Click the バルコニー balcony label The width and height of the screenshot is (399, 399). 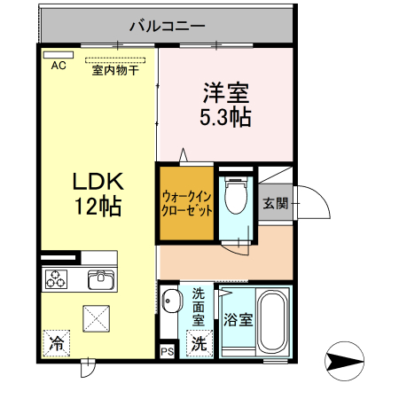[x=166, y=26]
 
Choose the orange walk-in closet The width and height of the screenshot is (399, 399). [x=187, y=204]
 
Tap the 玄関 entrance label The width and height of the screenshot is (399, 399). [x=275, y=202]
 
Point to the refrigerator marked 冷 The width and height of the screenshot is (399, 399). [x=56, y=341]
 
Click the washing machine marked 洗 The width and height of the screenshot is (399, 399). [x=200, y=342]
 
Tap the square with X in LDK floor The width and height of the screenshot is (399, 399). [x=96, y=317]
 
